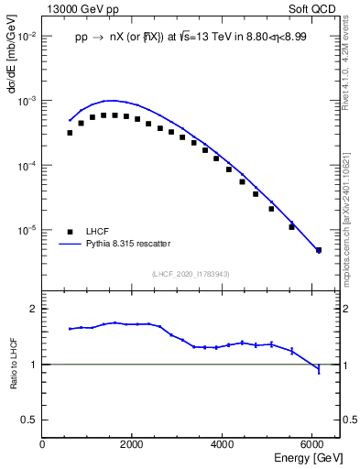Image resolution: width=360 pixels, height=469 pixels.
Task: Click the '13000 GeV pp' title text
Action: pyautogui.click(x=79, y=8)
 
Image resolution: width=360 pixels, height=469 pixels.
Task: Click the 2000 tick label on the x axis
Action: pyautogui.click(x=132, y=444)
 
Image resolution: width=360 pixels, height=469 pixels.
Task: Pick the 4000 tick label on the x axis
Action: pyautogui.click(x=223, y=444)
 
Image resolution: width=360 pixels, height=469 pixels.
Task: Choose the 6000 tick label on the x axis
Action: pyautogui.click(x=312, y=444)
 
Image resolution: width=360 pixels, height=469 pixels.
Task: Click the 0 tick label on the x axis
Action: pyautogui.click(x=43, y=444)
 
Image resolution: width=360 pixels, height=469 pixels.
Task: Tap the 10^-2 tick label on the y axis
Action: pyautogui.click(x=27, y=37)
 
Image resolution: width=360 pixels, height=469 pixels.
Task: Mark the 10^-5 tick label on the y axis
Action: pyautogui.click(x=27, y=230)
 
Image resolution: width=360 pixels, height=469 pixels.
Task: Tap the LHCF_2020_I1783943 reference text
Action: pyautogui.click(x=191, y=274)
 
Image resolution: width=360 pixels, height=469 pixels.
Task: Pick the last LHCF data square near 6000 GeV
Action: pyautogui.click(x=319, y=250)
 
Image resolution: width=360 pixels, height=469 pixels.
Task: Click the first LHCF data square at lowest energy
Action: pyautogui.click(x=70, y=133)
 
